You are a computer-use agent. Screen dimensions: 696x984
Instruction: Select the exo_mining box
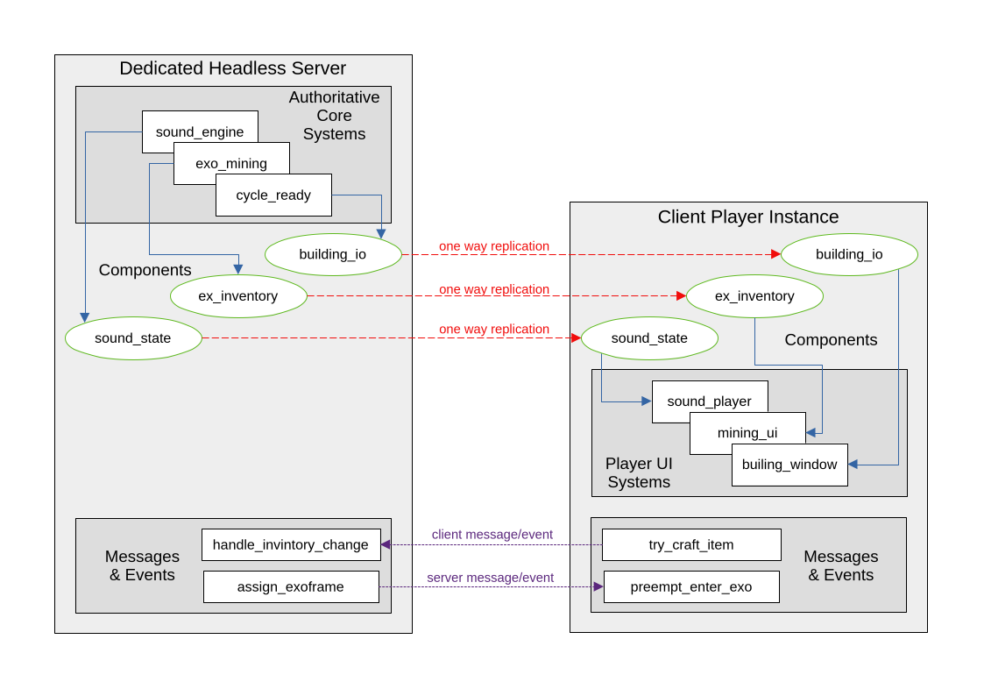231,163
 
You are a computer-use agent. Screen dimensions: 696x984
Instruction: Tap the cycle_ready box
273,195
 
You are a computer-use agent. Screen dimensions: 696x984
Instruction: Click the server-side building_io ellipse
333,254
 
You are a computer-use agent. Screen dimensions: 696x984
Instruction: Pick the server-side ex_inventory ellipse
238,296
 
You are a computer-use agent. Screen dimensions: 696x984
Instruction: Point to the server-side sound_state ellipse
133,338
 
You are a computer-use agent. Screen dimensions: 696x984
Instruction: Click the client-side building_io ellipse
849,254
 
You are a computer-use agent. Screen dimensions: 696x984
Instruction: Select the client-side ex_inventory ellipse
754,296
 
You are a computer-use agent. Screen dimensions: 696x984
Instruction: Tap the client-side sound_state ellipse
649,338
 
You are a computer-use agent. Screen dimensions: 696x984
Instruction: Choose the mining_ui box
747,433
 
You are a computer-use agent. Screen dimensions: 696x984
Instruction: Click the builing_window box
789,465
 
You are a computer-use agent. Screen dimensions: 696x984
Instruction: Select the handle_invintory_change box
291,544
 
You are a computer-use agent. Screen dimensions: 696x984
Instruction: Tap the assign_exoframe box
291,586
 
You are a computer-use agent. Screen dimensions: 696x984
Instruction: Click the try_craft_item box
691,544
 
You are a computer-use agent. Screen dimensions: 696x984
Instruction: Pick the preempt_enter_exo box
691,586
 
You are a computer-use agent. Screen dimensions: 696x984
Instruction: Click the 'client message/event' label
492,534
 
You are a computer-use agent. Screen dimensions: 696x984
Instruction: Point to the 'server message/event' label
490,577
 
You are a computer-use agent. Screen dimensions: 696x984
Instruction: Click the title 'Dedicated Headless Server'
232,68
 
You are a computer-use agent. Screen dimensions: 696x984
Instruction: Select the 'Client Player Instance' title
748,217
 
